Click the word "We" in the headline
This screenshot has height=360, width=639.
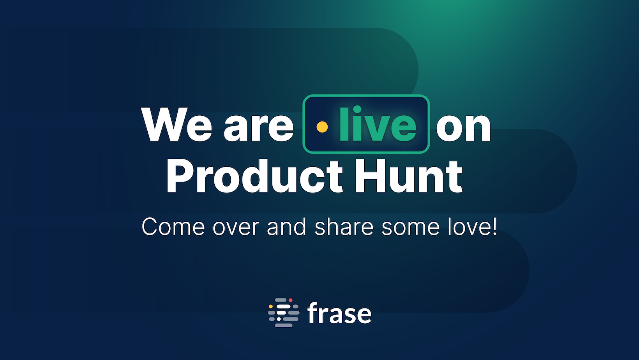pyautogui.click(x=177, y=124)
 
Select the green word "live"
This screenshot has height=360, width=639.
pyautogui.click(x=378, y=124)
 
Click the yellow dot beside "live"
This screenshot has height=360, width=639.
pyautogui.click(x=322, y=127)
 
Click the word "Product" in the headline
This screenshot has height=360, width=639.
pyautogui.click(x=254, y=176)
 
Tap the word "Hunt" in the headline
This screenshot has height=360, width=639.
pyautogui.click(x=408, y=176)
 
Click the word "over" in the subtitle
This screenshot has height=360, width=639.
pyautogui.click(x=236, y=229)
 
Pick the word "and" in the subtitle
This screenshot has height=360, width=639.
pyautogui.click(x=286, y=226)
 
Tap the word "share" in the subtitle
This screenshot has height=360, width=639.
pyautogui.click(x=344, y=226)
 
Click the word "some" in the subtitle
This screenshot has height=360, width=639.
pyautogui.click(x=410, y=229)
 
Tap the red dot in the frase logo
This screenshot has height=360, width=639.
pyautogui.click(x=290, y=300)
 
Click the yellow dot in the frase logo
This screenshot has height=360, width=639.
pyautogui.click(x=270, y=306)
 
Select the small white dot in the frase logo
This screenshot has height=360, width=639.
pyautogui.click(x=279, y=319)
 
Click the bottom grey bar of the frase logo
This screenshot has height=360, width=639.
pyautogui.click(x=284, y=325)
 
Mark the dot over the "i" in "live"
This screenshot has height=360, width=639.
pyautogui.click(x=357, y=109)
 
